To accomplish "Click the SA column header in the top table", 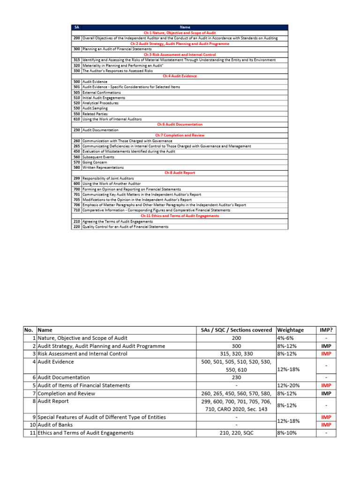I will [76, 27].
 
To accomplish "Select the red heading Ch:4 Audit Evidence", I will [180, 76].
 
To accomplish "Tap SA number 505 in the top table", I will [76, 92].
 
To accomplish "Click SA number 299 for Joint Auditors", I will [76, 178].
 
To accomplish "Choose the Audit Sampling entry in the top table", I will [95, 108].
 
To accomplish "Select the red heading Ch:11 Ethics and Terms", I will [180, 216].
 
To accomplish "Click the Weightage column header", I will [291, 330].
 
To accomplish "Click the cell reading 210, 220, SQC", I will [236, 433].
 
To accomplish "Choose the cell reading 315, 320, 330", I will [236, 353].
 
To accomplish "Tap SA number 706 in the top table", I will [76, 205].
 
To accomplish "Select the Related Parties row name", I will [95, 114].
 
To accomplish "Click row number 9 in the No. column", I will [33, 417].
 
